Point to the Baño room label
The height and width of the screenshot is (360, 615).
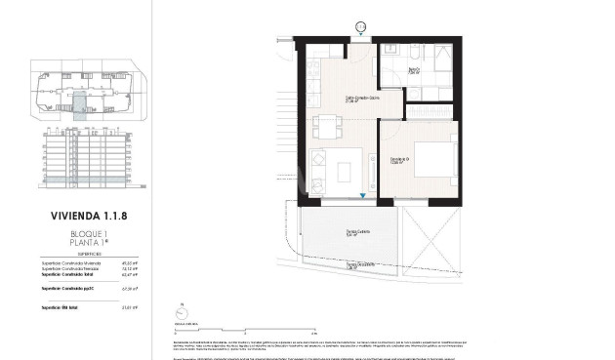(x=413, y=68)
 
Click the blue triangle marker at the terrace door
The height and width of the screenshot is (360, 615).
(x=363, y=196)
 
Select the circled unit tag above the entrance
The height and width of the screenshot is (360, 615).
(x=360, y=26)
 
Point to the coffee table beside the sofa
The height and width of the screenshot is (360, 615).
(x=346, y=171)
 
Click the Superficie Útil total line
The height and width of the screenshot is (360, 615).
(x=88, y=308)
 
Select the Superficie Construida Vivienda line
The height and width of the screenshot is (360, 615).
(x=88, y=261)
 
